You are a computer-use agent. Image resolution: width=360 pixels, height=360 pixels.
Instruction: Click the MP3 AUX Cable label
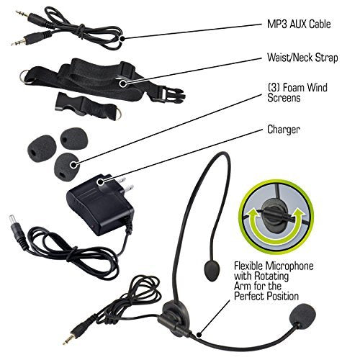click(299, 24)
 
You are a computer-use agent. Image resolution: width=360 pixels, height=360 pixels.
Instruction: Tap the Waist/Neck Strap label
click(302, 58)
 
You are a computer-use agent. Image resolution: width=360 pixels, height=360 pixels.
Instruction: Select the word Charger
click(284, 130)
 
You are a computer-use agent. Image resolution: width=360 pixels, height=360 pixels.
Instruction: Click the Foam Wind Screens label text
click(297, 93)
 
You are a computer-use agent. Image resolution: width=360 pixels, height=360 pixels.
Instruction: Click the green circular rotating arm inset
click(276, 217)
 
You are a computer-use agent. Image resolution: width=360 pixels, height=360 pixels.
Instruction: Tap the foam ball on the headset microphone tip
click(302, 316)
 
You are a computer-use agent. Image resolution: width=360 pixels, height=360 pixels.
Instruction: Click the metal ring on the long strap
click(25, 76)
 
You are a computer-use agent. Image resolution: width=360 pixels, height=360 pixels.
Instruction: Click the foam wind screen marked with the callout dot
click(66, 166)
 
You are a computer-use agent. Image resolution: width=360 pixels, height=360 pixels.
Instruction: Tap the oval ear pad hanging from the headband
click(212, 271)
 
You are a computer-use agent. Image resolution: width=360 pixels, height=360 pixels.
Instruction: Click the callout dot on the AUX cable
click(122, 38)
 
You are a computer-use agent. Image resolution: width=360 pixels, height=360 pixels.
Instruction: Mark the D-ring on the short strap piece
click(116, 114)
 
